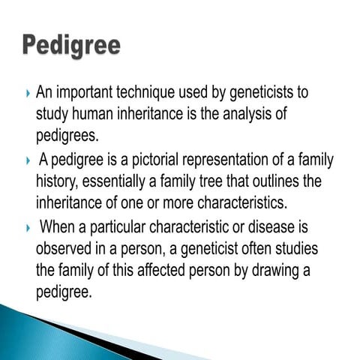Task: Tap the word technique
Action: point(151,94)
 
